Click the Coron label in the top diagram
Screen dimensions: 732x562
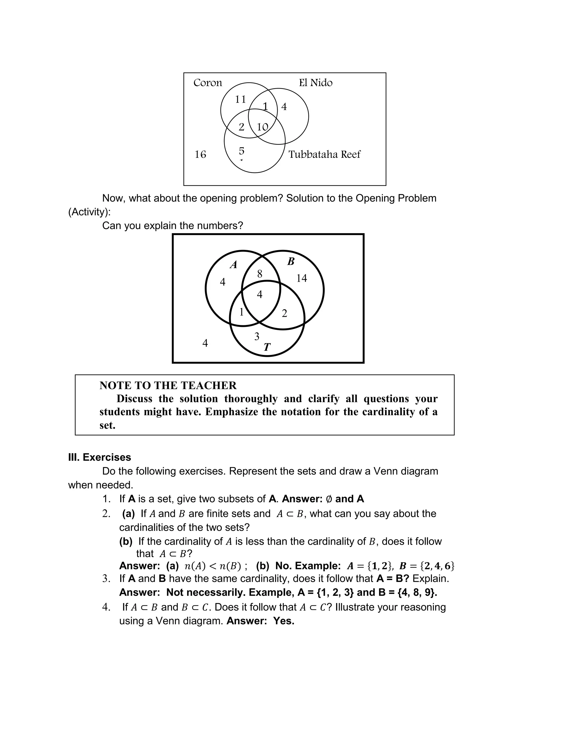tap(207, 83)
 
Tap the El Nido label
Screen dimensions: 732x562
tap(316, 83)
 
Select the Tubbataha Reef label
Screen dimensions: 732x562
tap(324, 154)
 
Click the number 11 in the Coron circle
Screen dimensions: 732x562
tap(240, 99)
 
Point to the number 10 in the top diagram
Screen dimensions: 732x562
tap(262, 127)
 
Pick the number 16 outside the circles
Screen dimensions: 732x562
tap(200, 154)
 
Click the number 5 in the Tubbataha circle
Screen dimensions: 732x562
tap(241, 151)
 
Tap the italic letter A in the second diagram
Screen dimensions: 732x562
tap(234, 265)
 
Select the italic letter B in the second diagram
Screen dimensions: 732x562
tap(291, 261)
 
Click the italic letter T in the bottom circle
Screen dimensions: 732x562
tap(267, 347)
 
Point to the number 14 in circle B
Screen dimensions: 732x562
tap(301, 278)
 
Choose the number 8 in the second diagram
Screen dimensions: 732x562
tap(260, 274)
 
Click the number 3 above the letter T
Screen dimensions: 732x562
tap(257, 337)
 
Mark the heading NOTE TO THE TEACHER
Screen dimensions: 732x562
tap(168, 385)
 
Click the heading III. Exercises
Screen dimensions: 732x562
tap(99, 457)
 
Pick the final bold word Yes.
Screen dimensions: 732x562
tap(284, 621)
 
